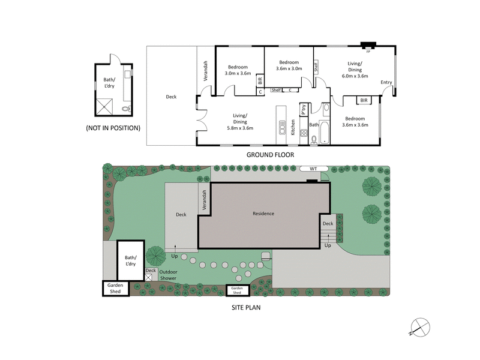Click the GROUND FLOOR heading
point(270,154)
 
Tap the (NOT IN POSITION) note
point(114,128)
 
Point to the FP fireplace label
point(368,52)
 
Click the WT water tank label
point(313,169)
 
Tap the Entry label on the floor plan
point(386,82)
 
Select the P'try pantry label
point(304,110)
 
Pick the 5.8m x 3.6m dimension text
point(240,128)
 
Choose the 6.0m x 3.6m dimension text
point(355,76)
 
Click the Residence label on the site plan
point(263,213)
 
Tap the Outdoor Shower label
point(168,274)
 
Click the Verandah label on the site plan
point(205,200)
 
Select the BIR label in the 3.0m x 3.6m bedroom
point(260,79)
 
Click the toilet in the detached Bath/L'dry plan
point(125,109)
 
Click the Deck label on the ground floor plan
point(171,96)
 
